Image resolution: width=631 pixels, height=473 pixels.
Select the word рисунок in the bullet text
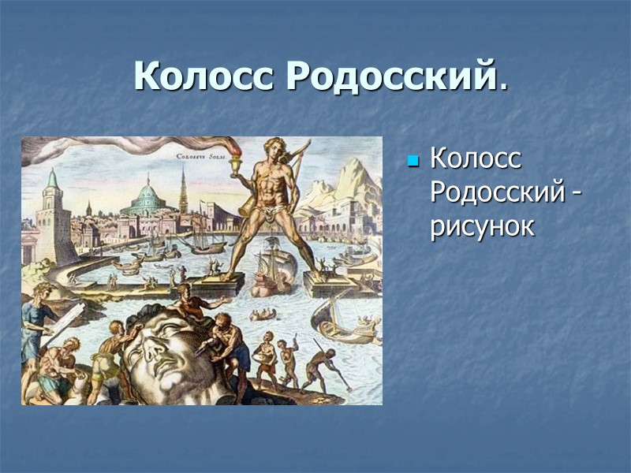tap(482, 226)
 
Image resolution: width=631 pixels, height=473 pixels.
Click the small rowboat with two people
tap(262, 315)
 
